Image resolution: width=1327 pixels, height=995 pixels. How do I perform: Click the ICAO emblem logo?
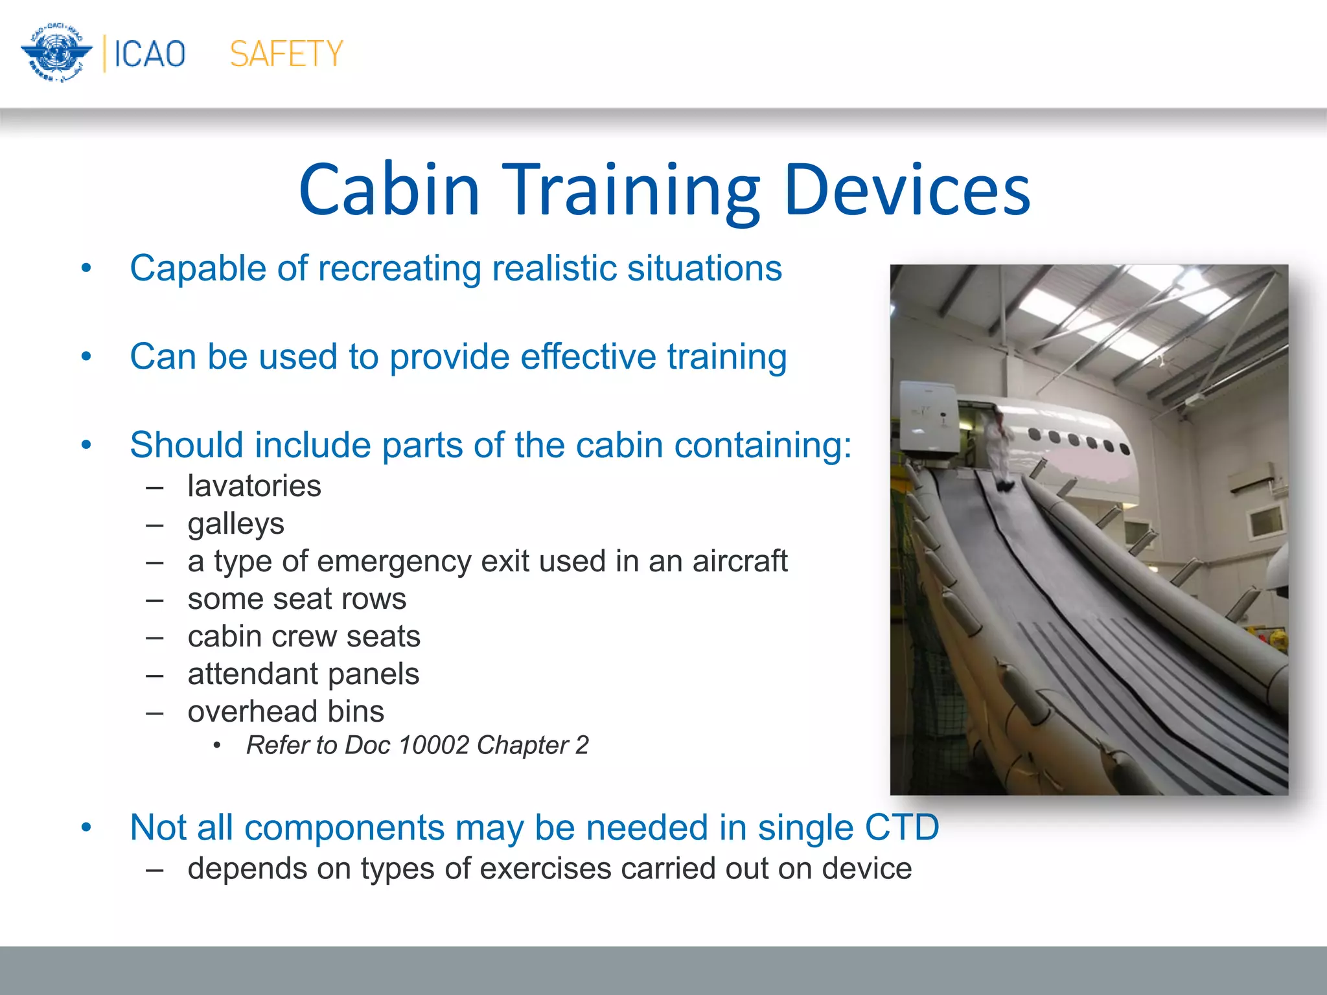pos(56,53)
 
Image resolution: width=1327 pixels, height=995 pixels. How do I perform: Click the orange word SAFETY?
pos(286,54)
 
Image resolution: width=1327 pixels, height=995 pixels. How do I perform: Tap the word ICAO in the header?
pos(150,54)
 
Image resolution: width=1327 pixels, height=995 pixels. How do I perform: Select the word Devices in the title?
pos(906,190)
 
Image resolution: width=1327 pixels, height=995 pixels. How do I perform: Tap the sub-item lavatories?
pos(254,486)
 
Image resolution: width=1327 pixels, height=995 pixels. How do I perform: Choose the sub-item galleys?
pos(236,524)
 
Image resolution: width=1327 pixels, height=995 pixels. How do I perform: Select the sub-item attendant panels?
pos(303,674)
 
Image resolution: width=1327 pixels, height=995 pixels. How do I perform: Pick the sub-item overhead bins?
pos(286,711)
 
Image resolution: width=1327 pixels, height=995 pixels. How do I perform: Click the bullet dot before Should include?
pos(86,446)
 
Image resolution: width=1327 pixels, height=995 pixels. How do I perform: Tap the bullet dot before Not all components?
pos(86,828)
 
